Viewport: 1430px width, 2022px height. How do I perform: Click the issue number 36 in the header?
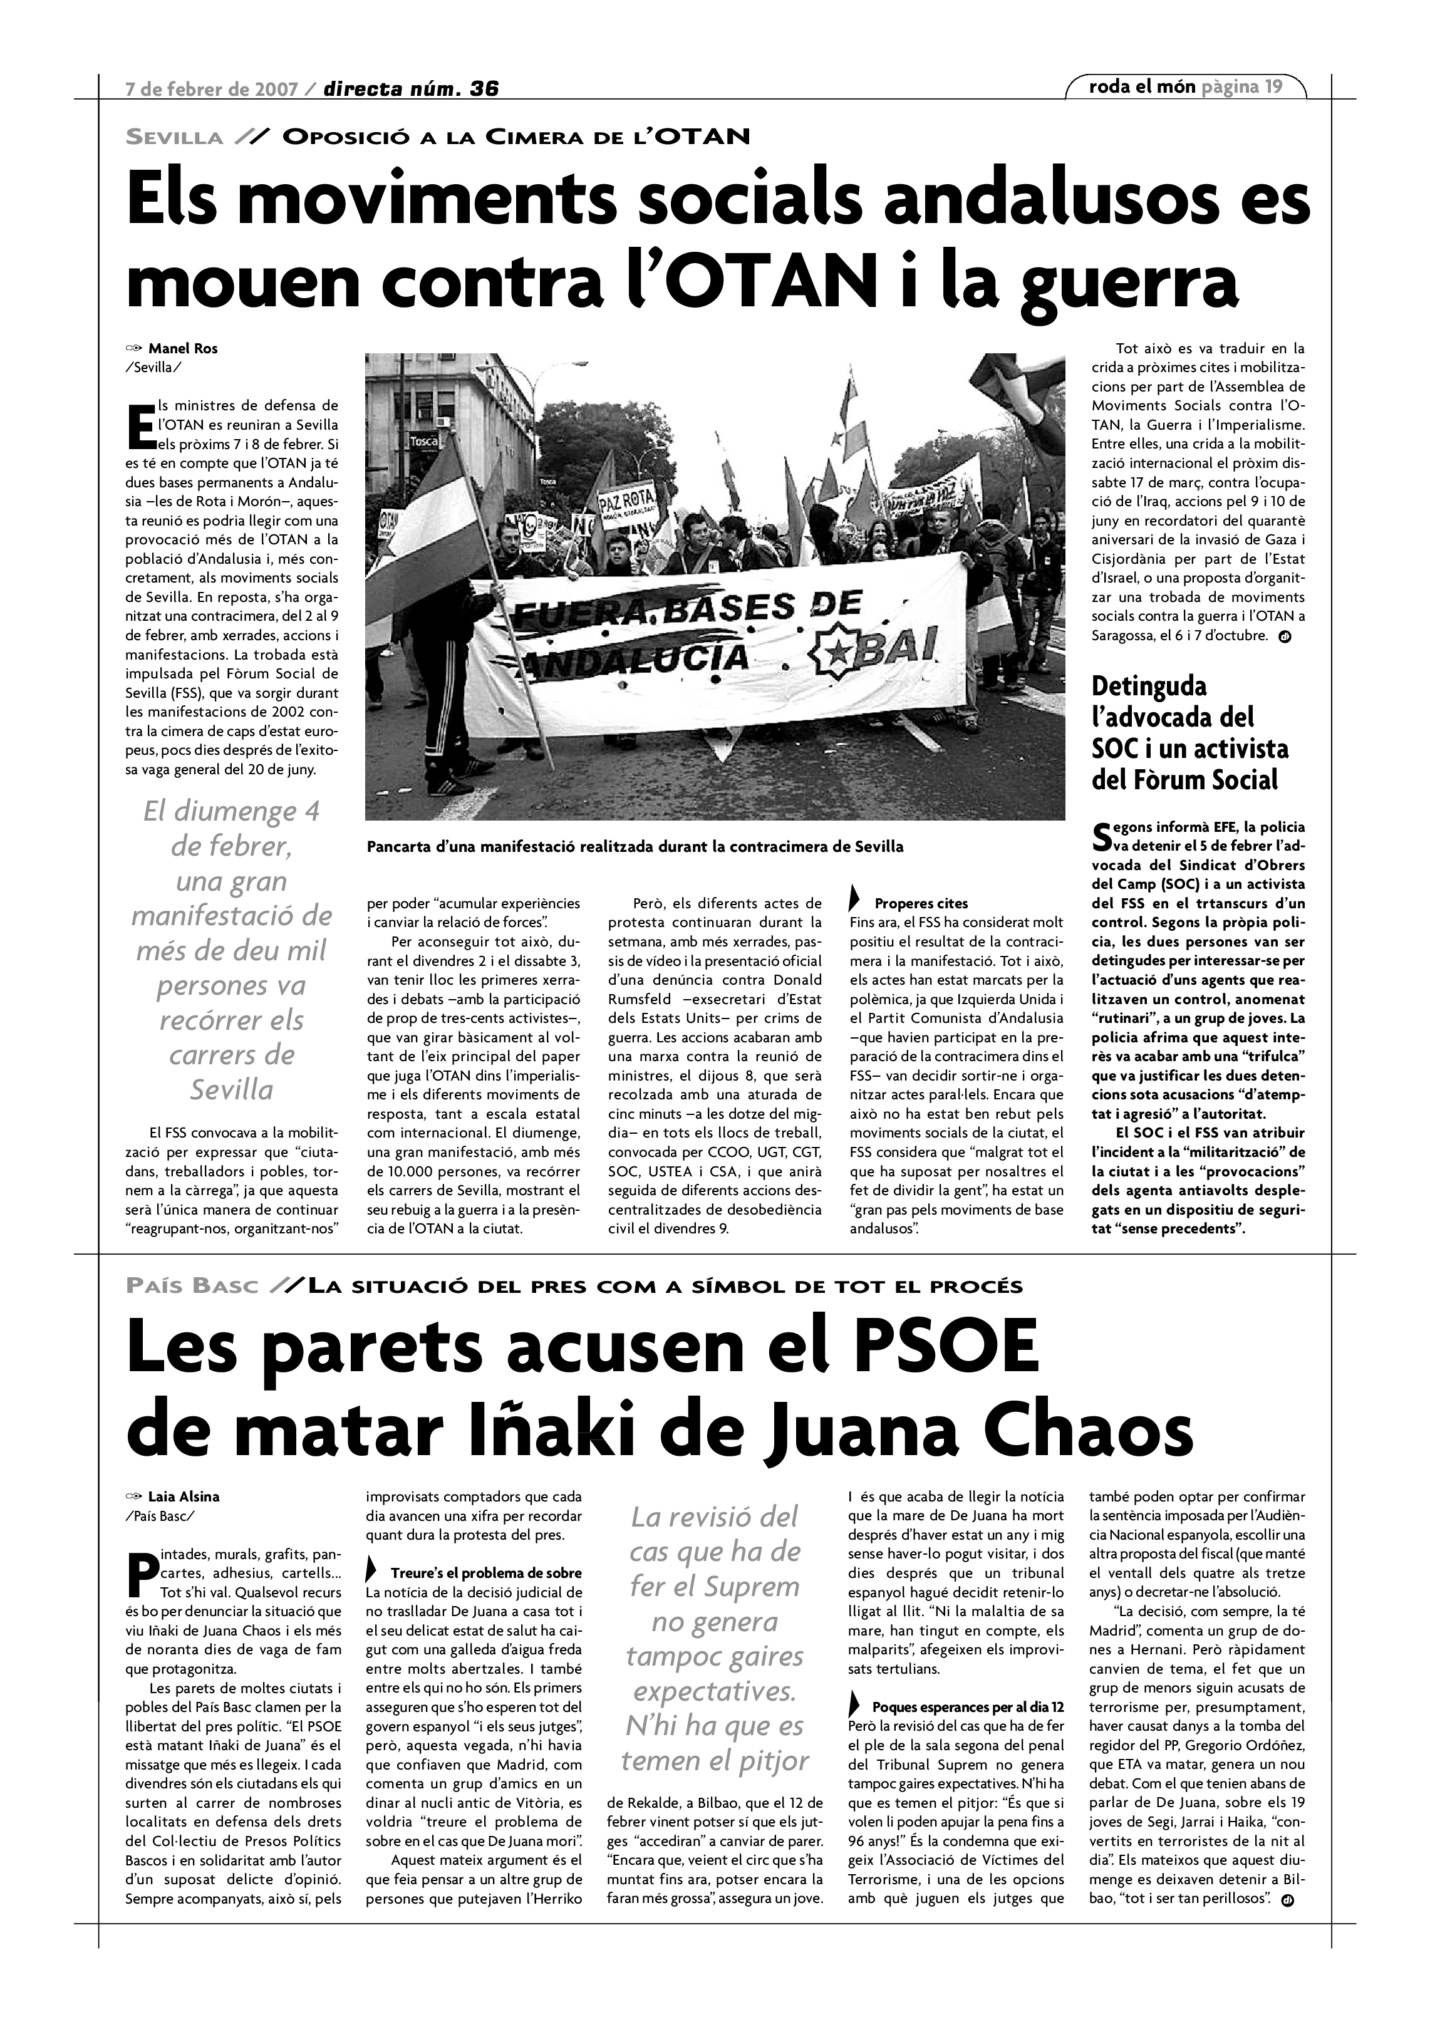coord(484,88)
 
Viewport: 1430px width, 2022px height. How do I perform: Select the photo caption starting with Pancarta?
coord(634,847)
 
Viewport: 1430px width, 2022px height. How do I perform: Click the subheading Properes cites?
coord(920,903)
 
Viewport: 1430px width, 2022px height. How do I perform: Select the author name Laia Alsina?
coord(183,1496)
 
